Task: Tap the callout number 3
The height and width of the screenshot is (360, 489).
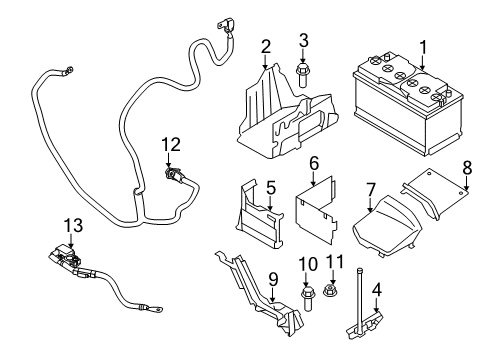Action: pyautogui.click(x=303, y=40)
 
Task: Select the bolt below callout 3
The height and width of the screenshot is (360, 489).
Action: pyautogui.click(x=303, y=75)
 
